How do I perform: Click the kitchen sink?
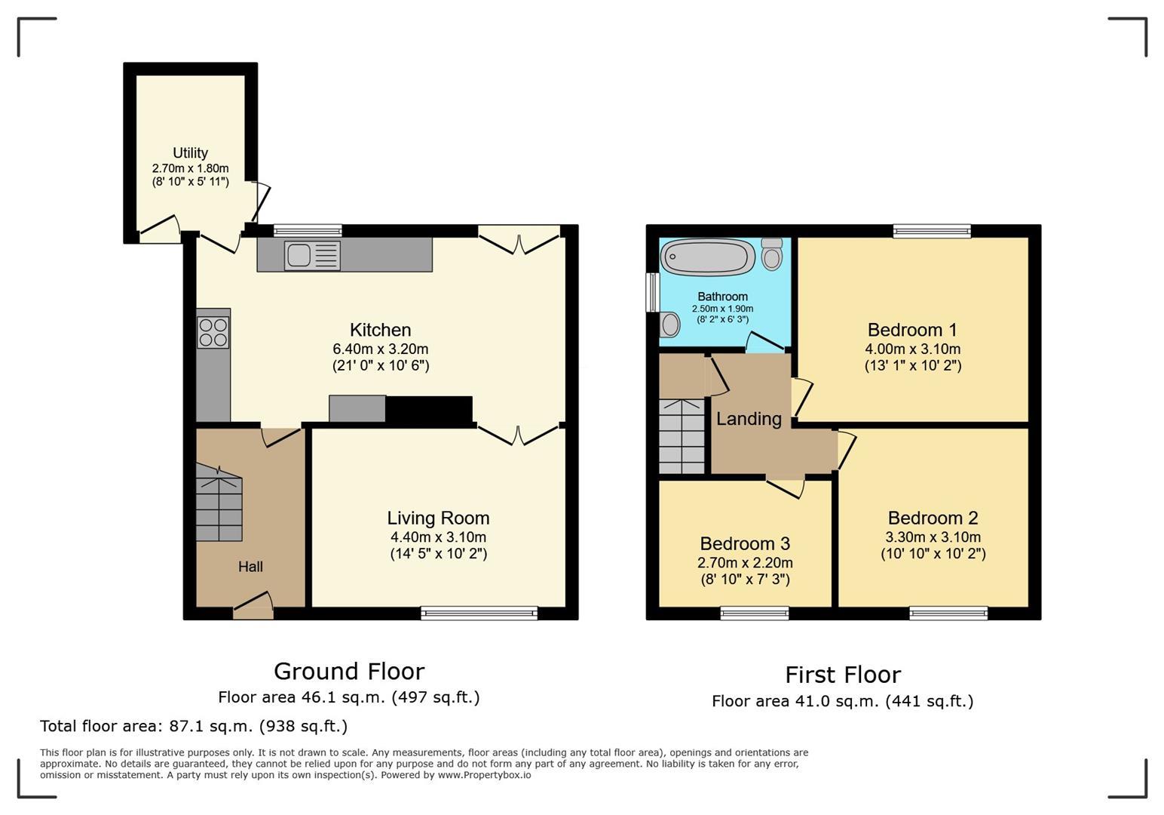click(312, 255)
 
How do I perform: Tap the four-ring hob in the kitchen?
click(213, 332)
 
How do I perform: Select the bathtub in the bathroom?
click(708, 257)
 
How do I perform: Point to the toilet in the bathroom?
click(772, 254)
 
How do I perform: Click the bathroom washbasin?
click(669, 325)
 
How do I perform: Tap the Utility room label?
click(190, 153)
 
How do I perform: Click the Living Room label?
click(438, 518)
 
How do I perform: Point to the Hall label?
click(250, 567)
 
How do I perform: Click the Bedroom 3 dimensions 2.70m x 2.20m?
click(745, 563)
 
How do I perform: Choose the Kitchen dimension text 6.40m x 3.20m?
click(381, 349)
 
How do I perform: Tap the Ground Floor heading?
click(349, 672)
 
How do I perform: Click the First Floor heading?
click(843, 675)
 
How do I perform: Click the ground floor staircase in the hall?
click(219, 503)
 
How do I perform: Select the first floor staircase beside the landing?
click(682, 436)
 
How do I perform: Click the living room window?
click(479, 614)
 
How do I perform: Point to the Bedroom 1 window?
click(933, 231)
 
